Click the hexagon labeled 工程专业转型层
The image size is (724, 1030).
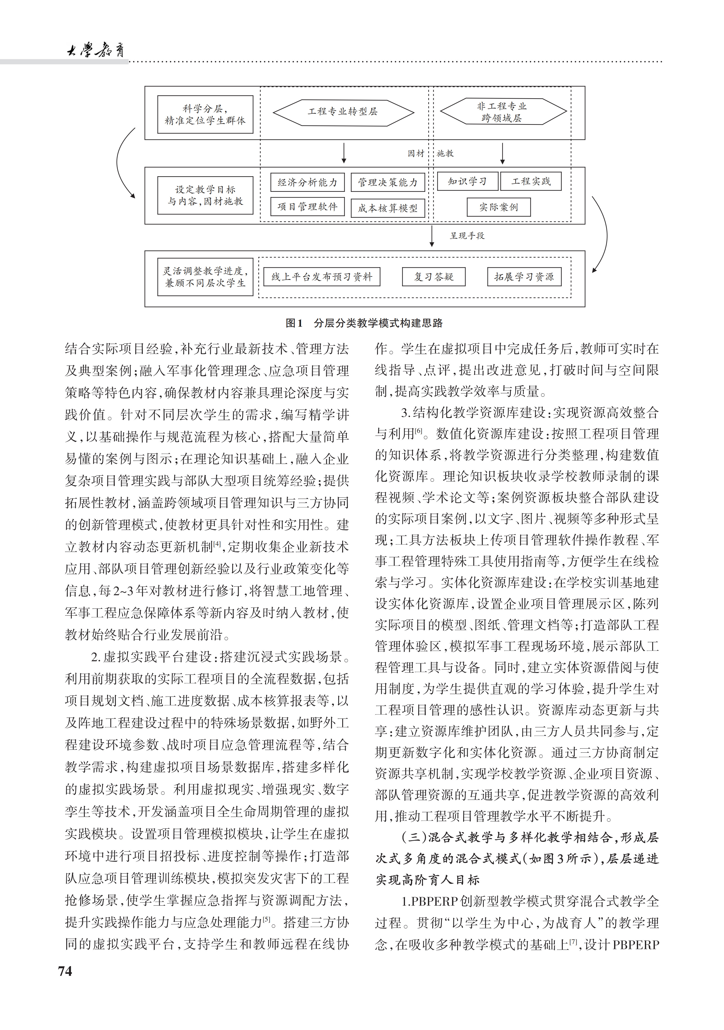pyautogui.click(x=343, y=112)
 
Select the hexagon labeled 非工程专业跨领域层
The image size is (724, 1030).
pyautogui.click(x=502, y=112)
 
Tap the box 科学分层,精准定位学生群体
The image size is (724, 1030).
pyautogui.click(x=205, y=114)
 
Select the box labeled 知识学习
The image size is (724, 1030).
pyautogui.click(x=467, y=181)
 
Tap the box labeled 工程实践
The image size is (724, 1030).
pyautogui.click(x=531, y=181)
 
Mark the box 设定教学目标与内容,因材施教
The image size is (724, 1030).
pyautogui.click(x=205, y=196)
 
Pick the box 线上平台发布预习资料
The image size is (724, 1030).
pyautogui.click(x=322, y=277)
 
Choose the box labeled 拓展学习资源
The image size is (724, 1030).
pyautogui.click(x=524, y=277)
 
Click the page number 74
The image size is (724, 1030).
pyautogui.click(x=65, y=971)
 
